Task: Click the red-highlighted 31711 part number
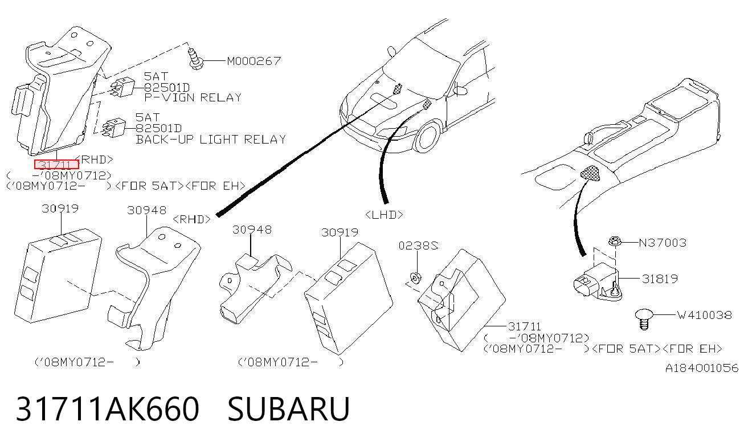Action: (56, 165)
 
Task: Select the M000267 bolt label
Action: (254, 61)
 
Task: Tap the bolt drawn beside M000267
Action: (195, 59)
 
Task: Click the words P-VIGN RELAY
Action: (193, 97)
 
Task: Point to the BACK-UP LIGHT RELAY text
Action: (211, 139)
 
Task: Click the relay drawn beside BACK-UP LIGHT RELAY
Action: (114, 128)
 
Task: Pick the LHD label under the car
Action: (384, 215)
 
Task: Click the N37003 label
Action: (663, 243)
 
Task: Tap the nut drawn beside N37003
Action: (615, 241)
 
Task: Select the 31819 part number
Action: (660, 279)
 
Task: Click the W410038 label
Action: (705, 315)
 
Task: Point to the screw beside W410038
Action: (644, 319)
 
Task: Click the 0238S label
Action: (418, 245)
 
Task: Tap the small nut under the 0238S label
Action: (415, 278)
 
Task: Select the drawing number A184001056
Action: (701, 368)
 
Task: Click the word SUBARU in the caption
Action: (288, 408)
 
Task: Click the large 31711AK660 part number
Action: (108, 408)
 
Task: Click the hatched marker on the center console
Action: (591, 173)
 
